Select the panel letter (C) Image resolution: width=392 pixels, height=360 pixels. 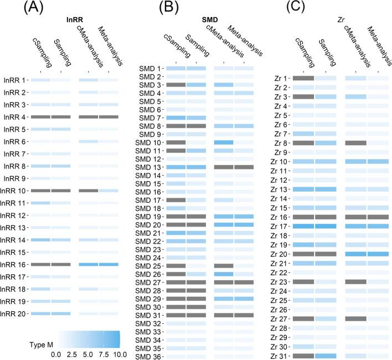[x=284, y=9]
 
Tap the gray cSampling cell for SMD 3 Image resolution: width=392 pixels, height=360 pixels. [x=176, y=85]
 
